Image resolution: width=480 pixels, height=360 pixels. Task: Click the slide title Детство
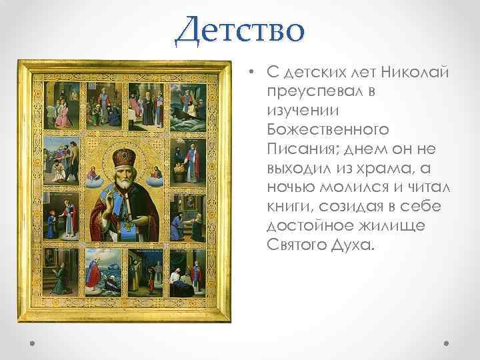point(239,30)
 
